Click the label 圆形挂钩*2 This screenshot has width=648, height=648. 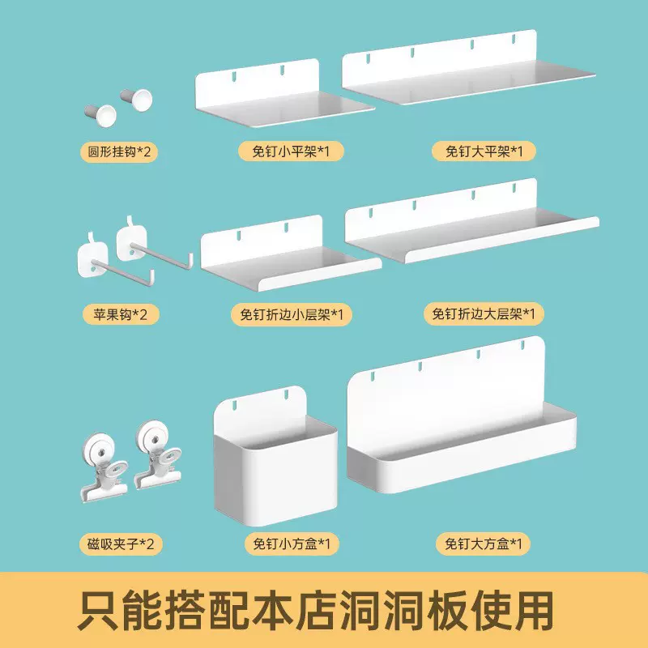click(118, 151)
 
